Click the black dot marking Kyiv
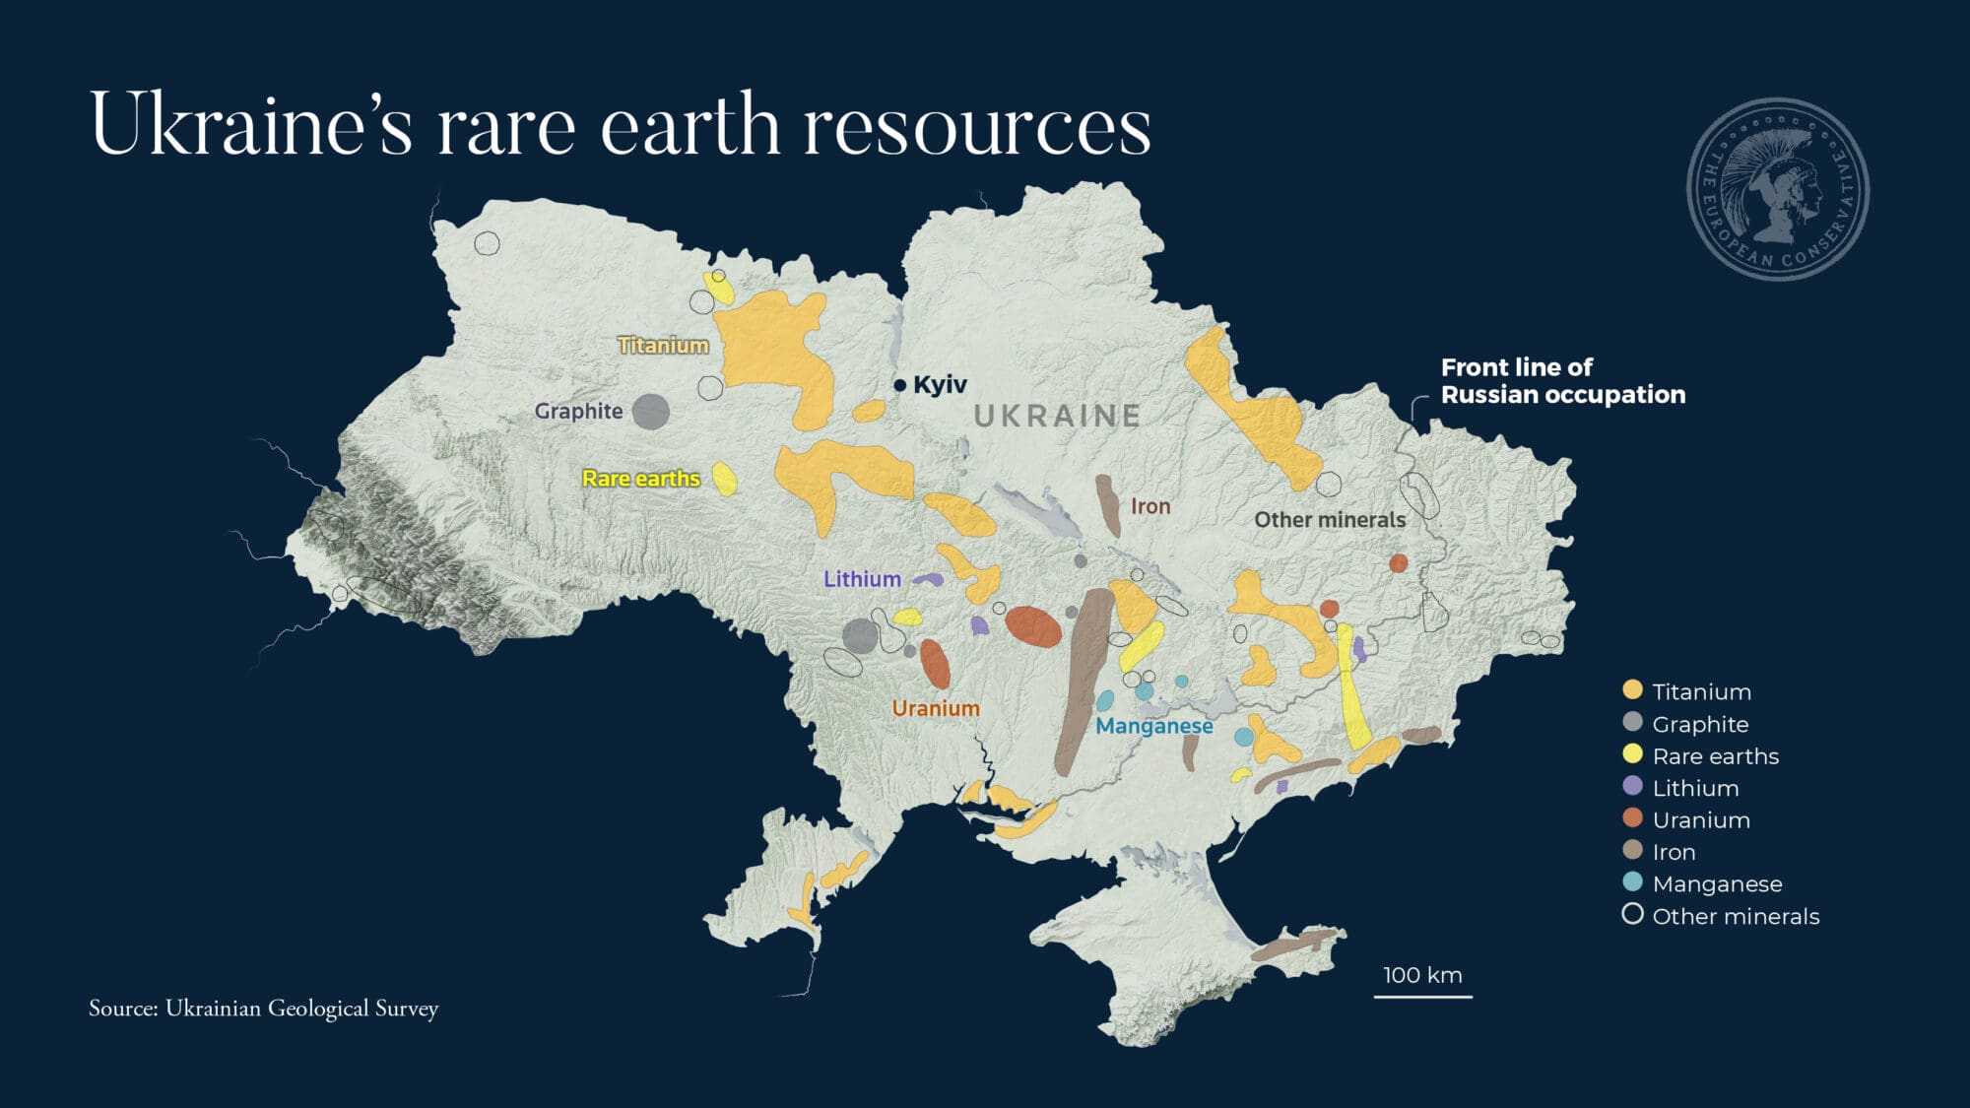pyautogui.click(x=899, y=385)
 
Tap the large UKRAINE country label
pyautogui.click(x=1057, y=416)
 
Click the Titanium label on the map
pyautogui.click(x=663, y=346)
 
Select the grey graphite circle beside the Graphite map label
pyautogui.click(x=650, y=412)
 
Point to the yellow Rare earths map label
pyautogui.click(x=640, y=479)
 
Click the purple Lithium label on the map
pyautogui.click(x=862, y=579)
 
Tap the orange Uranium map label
pyautogui.click(x=935, y=708)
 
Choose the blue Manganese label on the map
pyautogui.click(x=1153, y=726)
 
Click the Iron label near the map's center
pyautogui.click(x=1149, y=506)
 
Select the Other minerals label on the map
pyautogui.click(x=1329, y=520)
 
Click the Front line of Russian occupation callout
pyautogui.click(x=1562, y=381)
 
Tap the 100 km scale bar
pyautogui.click(x=1422, y=996)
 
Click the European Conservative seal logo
pyautogui.click(x=1778, y=189)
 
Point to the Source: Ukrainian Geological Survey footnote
pyautogui.click(x=263, y=1009)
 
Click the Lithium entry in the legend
pyautogui.click(x=1694, y=788)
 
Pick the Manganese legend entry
pyautogui.click(x=1716, y=883)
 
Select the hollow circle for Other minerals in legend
pyautogui.click(x=1632, y=915)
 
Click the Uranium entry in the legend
pyautogui.click(x=1700, y=819)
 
